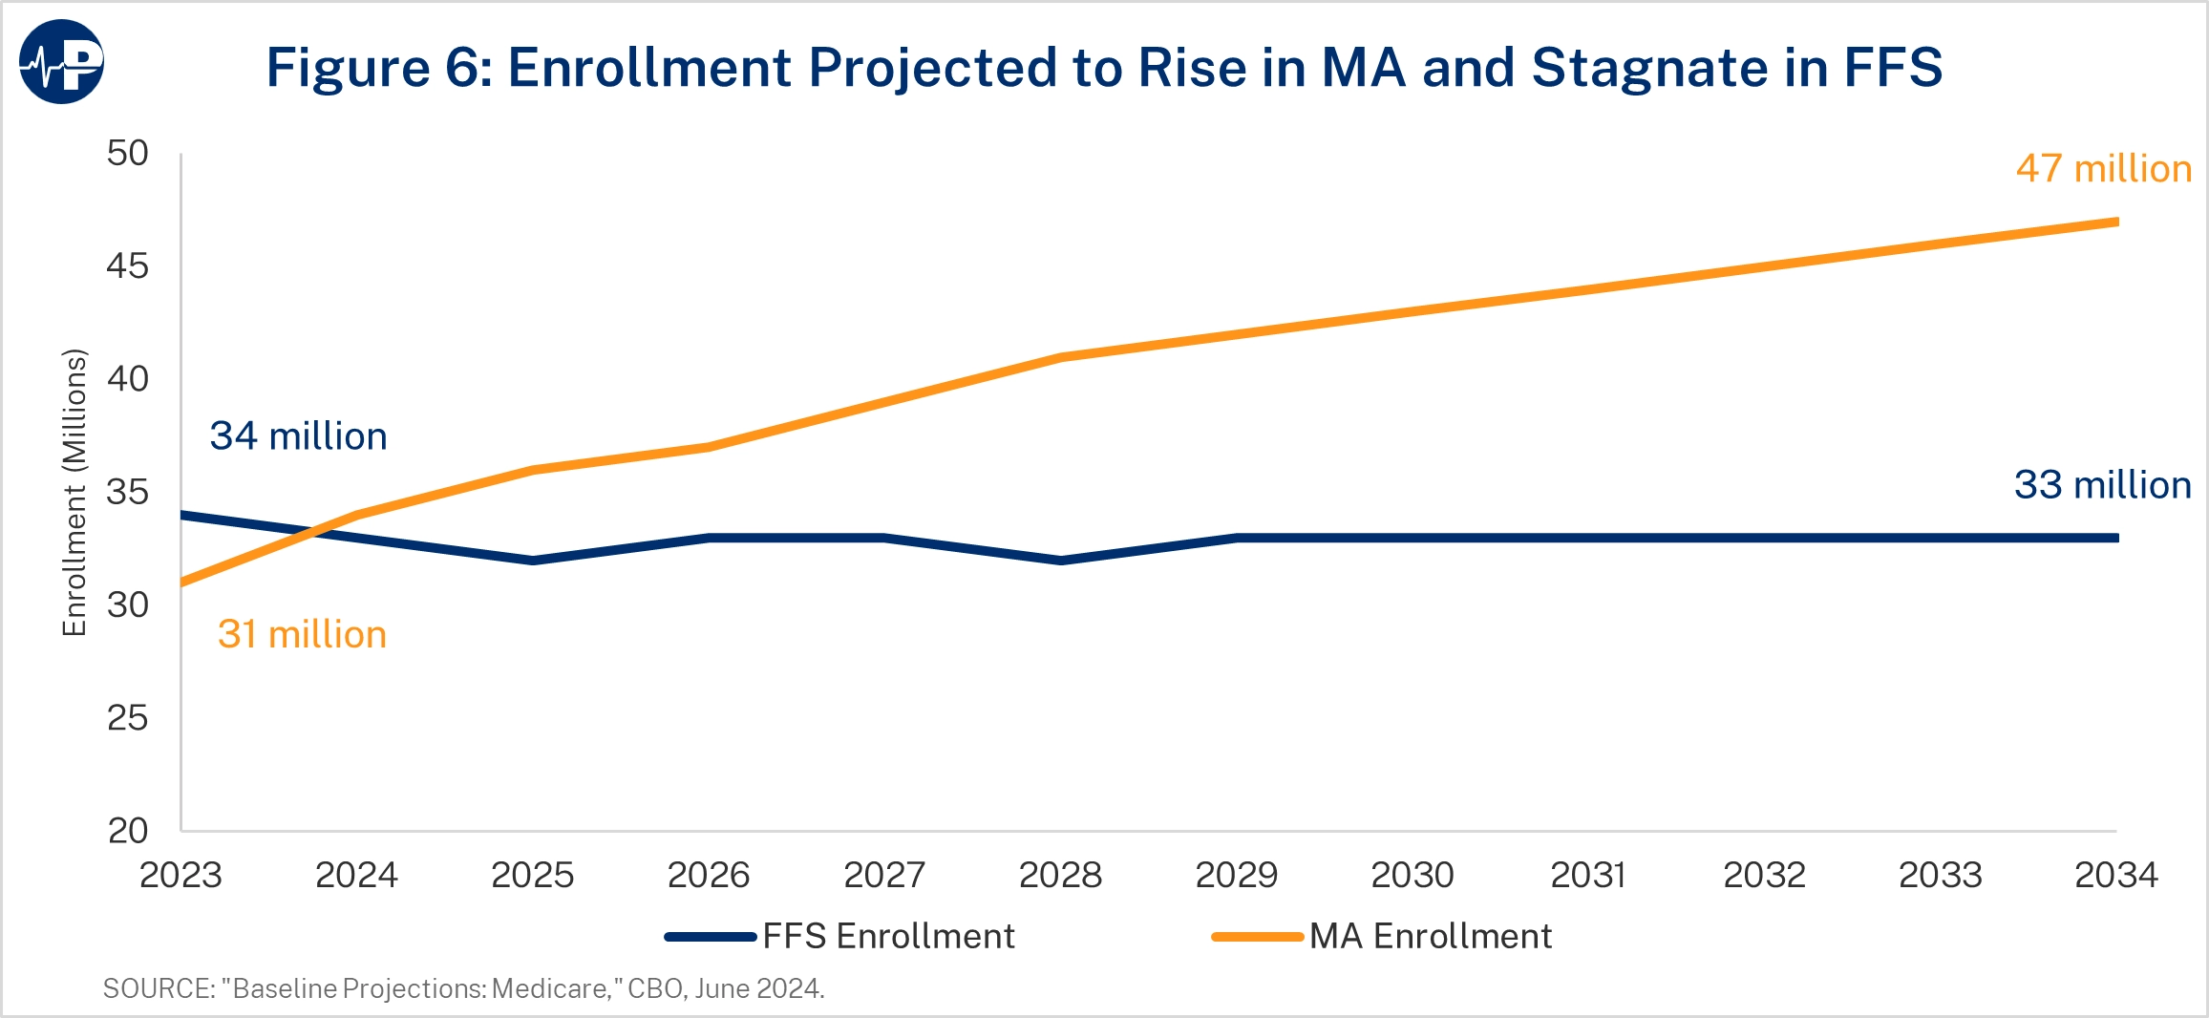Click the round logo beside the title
coord(61,62)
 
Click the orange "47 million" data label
coord(2103,169)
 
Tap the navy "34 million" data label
coord(298,436)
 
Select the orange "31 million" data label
coord(302,635)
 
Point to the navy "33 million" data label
coord(2103,485)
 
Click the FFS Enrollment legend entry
coord(840,936)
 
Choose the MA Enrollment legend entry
coord(1382,936)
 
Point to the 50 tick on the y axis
coord(128,153)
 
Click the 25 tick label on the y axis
coord(128,717)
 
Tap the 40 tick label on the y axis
coord(128,379)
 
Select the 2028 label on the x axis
coord(1060,875)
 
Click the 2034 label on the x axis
coord(2116,875)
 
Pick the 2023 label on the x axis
coord(181,875)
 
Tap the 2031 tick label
coord(1588,875)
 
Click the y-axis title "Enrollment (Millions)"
coord(74,492)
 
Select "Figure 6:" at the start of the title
coord(379,68)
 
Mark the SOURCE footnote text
coord(463,988)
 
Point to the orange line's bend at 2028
coord(1060,357)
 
